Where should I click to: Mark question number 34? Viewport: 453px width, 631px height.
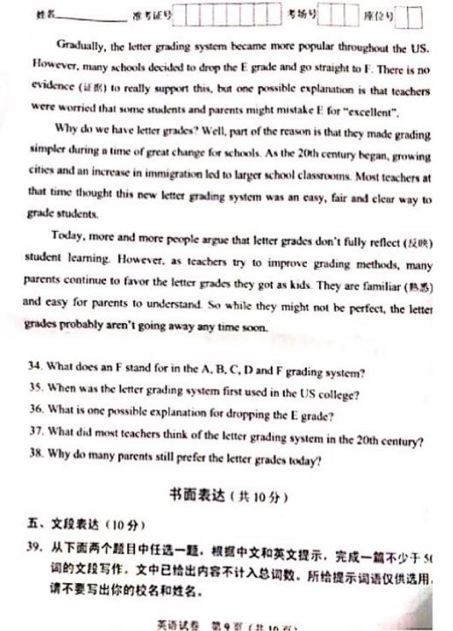point(35,373)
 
